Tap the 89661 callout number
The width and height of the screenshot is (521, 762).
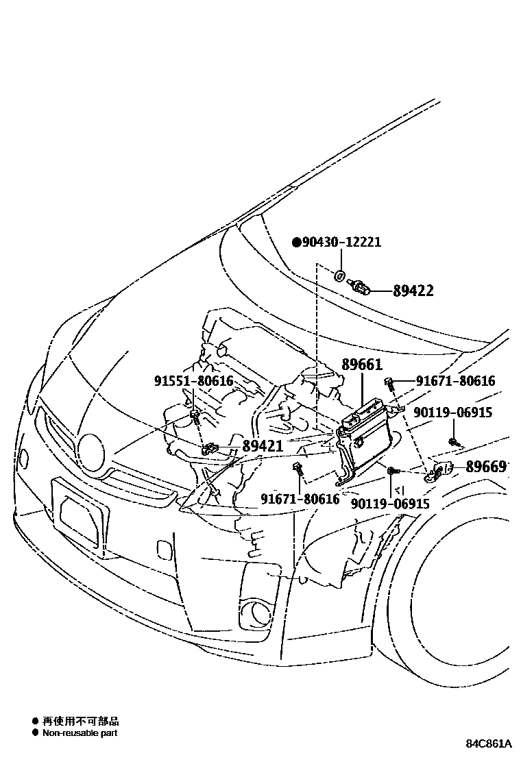coord(362,365)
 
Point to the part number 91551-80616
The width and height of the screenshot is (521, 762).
coord(193,382)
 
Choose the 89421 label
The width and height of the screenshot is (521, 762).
coord(263,446)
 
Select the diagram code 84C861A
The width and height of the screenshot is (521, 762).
coord(489,743)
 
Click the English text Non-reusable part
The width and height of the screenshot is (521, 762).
coord(80,733)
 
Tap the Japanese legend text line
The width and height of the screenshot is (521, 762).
coord(80,721)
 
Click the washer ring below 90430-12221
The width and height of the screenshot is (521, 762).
coord(340,277)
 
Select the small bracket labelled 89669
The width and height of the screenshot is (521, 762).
coord(439,471)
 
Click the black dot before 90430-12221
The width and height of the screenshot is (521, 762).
coord(297,243)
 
